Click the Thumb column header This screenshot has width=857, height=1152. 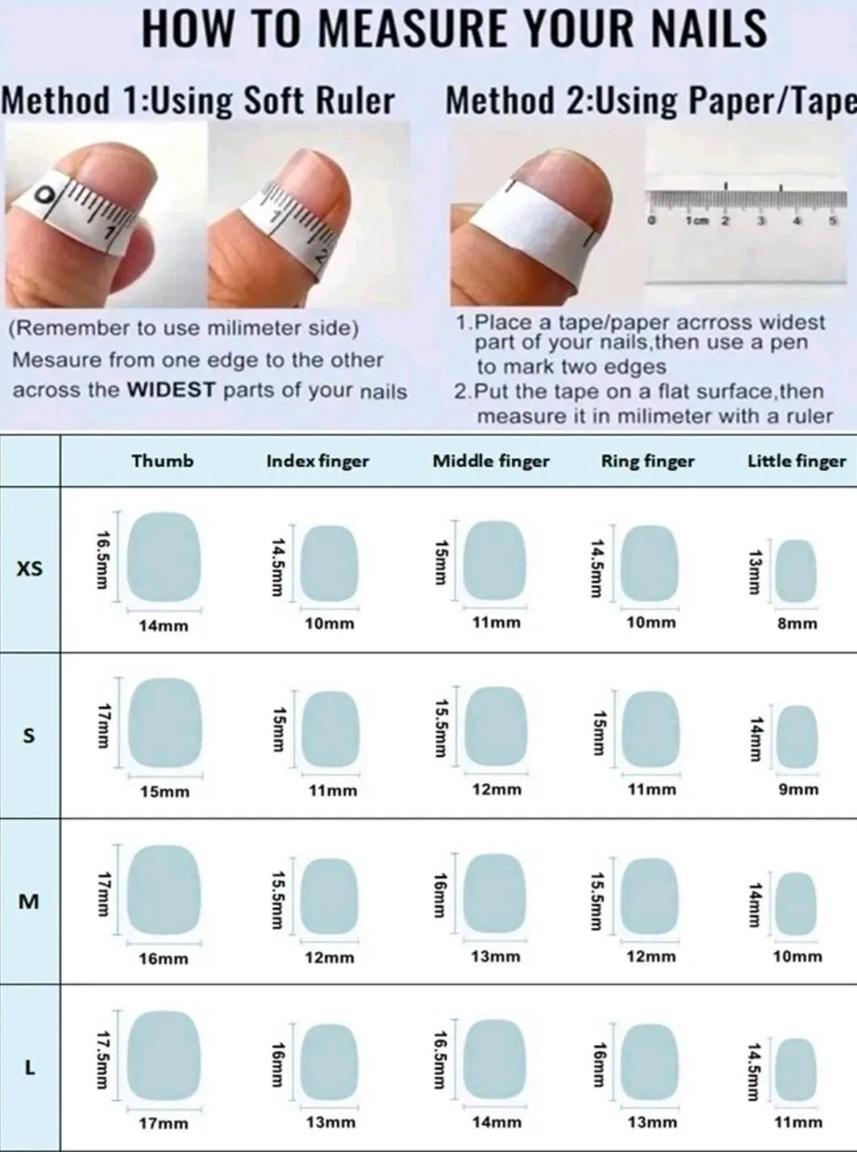(x=163, y=460)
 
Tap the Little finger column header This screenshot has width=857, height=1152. (x=797, y=461)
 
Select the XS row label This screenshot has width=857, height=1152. (x=30, y=569)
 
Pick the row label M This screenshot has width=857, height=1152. (x=29, y=902)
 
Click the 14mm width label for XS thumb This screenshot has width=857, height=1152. (x=164, y=626)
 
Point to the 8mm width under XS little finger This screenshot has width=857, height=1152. (x=797, y=623)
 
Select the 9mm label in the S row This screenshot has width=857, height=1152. (x=798, y=789)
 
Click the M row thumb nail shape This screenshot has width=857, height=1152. (x=164, y=891)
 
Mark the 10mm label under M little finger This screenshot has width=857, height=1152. (x=797, y=956)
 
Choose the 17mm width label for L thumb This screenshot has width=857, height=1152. (x=164, y=1124)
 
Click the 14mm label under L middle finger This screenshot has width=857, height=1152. (x=497, y=1122)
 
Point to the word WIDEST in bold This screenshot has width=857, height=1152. (x=172, y=389)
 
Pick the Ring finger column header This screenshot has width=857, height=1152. (x=647, y=461)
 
